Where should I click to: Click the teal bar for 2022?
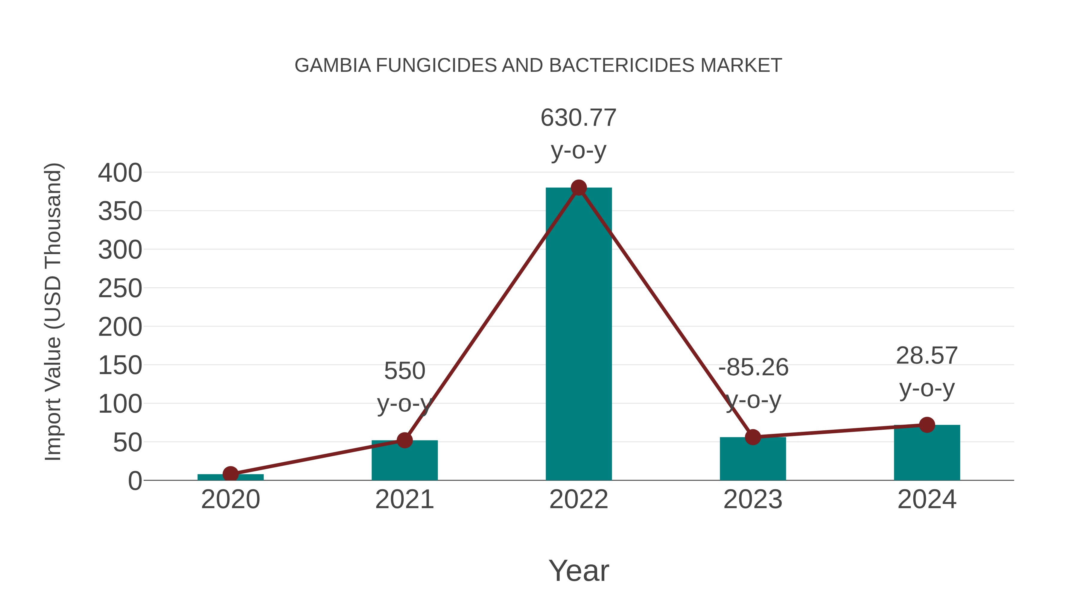pos(579,335)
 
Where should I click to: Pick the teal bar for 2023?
pos(753,460)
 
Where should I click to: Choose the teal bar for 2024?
pos(927,454)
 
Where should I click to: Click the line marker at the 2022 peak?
pos(579,188)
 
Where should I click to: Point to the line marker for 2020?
pos(230,474)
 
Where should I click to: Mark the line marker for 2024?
pos(927,425)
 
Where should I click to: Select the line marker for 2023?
pos(753,437)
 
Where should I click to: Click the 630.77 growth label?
pos(578,118)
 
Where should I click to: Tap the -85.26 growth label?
pos(753,367)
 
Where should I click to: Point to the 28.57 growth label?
pos(927,356)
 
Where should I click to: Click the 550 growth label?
pos(404,371)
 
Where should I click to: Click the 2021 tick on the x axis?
pos(404,499)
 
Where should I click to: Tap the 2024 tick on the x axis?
pos(927,499)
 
